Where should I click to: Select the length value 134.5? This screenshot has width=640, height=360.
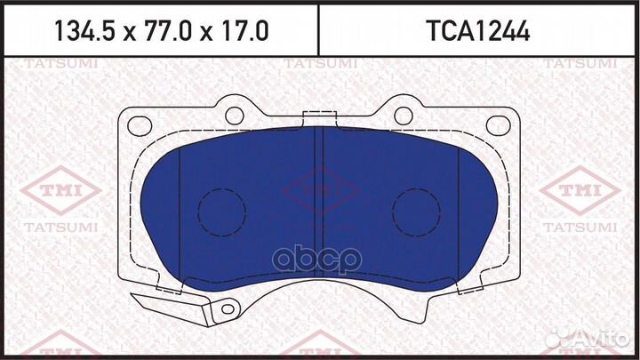pos(86,32)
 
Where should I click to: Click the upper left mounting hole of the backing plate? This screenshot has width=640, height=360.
pos(234,115)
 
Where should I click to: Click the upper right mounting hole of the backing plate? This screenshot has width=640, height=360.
pos(403,115)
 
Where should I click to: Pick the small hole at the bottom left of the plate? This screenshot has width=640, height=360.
pos(228,310)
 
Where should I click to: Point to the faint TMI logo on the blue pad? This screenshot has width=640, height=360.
pos(319,189)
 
